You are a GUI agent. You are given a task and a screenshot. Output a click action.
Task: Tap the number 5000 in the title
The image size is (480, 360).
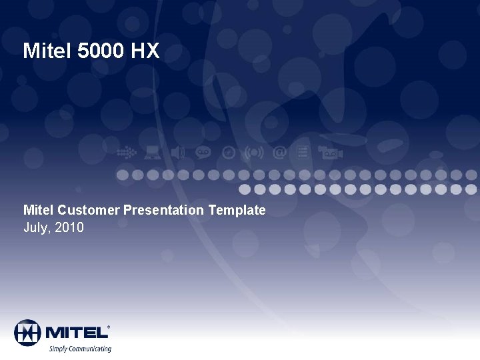coord(101,51)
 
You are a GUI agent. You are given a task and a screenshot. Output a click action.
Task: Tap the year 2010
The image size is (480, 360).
coord(69,228)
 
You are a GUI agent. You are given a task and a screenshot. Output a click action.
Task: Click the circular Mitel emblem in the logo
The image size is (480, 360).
coord(27,332)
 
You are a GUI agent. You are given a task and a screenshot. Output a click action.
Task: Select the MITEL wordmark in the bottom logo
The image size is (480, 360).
coord(75,332)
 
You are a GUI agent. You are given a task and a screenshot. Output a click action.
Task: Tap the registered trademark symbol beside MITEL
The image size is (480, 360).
coord(109,327)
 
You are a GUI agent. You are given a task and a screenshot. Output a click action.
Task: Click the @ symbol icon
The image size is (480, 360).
coord(280,153)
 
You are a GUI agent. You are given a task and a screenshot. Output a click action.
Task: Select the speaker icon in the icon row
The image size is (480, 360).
coord(177,153)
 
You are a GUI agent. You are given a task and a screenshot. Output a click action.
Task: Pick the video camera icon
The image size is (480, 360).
coord(329,153)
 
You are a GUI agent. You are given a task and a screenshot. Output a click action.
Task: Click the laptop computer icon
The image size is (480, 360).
coord(153,153)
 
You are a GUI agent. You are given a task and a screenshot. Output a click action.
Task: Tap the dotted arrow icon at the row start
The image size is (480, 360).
coord(126,153)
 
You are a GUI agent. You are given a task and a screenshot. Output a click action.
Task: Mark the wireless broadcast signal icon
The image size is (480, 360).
coord(254,153)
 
